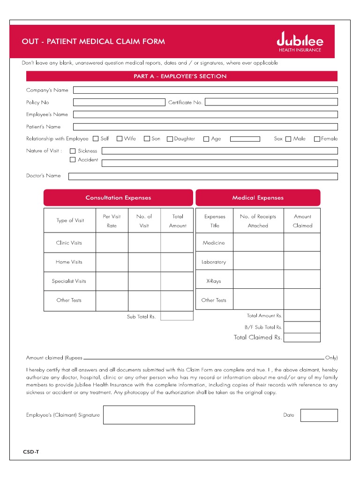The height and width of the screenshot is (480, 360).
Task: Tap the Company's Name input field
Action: click(x=205, y=90)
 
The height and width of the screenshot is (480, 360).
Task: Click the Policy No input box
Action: click(x=119, y=102)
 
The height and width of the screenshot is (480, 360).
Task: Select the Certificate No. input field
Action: click(x=271, y=102)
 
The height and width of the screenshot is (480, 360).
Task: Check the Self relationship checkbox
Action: click(x=96, y=139)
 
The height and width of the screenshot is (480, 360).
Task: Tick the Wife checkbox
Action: click(x=120, y=139)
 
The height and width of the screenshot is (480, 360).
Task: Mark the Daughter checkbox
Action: click(x=170, y=139)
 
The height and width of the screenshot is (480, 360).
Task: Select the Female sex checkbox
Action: click(x=317, y=139)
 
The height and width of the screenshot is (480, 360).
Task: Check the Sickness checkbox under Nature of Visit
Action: click(x=73, y=151)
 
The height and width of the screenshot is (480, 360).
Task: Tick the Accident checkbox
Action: click(x=73, y=160)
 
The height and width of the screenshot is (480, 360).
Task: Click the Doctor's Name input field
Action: click(x=202, y=176)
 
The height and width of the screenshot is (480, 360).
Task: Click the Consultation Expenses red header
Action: click(x=118, y=198)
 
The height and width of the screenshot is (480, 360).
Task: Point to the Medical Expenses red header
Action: click(x=258, y=198)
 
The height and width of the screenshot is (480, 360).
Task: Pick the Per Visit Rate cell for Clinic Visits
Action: click(x=112, y=243)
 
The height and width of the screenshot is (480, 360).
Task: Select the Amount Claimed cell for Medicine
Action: click(x=302, y=243)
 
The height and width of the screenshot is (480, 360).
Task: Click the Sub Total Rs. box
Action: click(x=177, y=316)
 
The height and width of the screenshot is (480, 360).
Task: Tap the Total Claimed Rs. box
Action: click(x=302, y=337)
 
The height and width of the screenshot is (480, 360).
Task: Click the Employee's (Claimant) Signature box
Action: click(x=149, y=415)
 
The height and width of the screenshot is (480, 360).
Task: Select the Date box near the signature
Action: click(x=319, y=415)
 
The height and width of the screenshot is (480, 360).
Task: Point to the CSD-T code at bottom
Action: click(x=31, y=452)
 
